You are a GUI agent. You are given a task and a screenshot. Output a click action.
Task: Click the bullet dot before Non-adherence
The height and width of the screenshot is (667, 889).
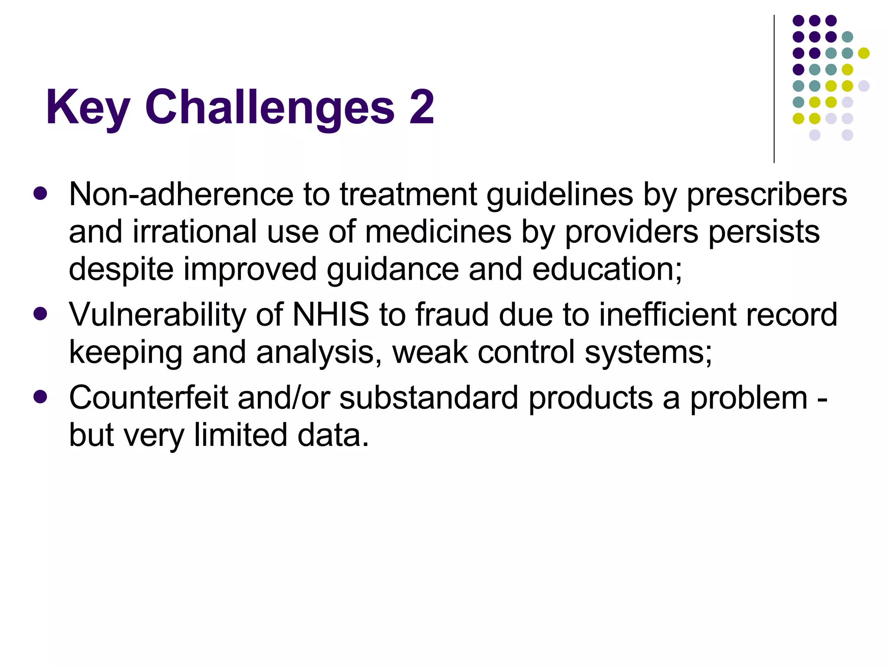[40, 194]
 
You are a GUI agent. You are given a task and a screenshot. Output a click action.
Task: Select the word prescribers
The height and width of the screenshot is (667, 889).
[767, 195]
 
